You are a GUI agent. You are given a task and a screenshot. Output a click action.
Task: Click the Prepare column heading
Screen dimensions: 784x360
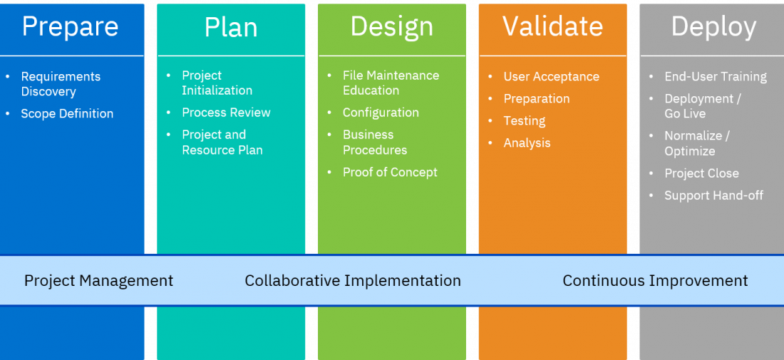tap(70, 27)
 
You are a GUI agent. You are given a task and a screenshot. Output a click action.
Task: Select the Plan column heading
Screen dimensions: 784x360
tap(231, 28)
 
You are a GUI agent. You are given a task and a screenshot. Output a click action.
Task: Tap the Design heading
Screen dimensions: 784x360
tap(391, 27)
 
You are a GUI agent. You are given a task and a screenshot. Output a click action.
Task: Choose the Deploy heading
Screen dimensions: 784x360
tap(713, 28)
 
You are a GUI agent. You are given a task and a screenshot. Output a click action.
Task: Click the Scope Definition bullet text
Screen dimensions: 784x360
tap(67, 113)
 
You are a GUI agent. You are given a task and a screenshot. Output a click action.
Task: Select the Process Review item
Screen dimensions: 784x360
tap(226, 113)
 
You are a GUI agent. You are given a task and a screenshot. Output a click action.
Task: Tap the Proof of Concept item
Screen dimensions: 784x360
tap(390, 172)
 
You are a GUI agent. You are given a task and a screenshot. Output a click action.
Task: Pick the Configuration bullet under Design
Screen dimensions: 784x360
tap(381, 113)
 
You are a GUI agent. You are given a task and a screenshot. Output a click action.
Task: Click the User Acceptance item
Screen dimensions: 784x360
tap(552, 76)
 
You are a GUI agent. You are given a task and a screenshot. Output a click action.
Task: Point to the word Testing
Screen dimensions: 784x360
tap(525, 121)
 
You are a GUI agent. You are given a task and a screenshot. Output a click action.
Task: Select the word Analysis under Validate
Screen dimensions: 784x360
tap(527, 143)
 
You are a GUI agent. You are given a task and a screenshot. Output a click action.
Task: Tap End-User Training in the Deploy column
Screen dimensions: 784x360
tap(716, 76)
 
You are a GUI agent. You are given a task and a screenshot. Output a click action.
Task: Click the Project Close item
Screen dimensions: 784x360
tap(701, 173)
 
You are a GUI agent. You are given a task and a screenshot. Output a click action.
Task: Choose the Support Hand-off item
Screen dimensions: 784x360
tap(713, 195)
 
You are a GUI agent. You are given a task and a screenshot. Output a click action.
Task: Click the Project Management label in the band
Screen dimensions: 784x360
tap(98, 280)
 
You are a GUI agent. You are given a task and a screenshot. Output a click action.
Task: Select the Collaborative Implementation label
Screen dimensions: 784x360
tap(353, 280)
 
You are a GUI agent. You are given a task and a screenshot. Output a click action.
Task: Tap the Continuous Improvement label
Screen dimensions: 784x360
tap(655, 280)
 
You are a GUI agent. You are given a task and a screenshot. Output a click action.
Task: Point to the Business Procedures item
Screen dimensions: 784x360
tap(375, 143)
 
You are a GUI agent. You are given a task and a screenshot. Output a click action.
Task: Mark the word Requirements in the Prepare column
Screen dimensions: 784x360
tap(61, 76)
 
